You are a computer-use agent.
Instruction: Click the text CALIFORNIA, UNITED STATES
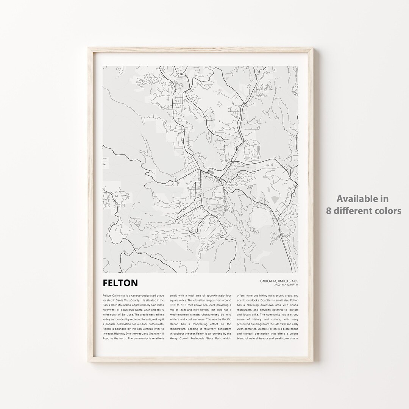click(x=279, y=281)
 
